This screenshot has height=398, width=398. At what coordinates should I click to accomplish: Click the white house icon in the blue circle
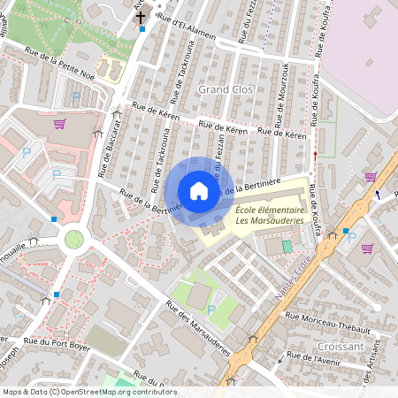[198, 191]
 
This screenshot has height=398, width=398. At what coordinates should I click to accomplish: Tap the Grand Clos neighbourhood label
[226, 90]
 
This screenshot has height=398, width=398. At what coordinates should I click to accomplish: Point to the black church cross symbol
[140, 18]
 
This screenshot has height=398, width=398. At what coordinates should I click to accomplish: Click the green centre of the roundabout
[73, 239]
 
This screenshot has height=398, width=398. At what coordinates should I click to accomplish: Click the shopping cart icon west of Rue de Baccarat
[59, 124]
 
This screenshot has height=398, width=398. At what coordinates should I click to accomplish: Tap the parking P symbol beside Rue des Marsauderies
[210, 310]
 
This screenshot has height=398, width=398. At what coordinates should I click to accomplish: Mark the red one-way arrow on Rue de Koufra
[316, 155]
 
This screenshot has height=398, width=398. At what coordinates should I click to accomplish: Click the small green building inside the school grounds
[286, 244]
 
